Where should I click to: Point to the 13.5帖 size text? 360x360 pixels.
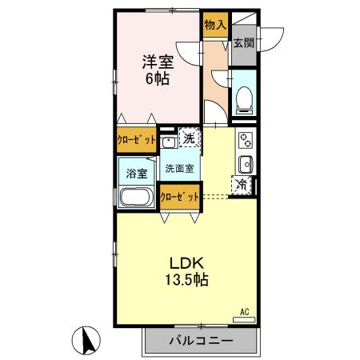(x=188, y=281)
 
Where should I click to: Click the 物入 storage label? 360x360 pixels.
(x=215, y=26)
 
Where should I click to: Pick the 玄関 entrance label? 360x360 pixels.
(x=244, y=44)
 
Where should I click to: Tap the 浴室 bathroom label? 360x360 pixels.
(x=137, y=173)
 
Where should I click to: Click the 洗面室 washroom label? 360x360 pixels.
(x=180, y=169)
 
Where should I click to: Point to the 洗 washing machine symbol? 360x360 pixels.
(x=188, y=138)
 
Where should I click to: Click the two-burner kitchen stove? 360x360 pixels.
(x=244, y=143)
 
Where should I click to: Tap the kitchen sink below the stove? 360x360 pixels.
(x=244, y=165)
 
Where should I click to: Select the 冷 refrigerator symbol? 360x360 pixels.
(x=242, y=186)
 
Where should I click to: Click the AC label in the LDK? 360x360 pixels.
(x=244, y=312)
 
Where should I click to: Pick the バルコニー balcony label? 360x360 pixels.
(x=201, y=341)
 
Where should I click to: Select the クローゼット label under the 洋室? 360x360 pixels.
(x=136, y=138)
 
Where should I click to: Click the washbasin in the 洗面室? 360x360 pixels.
(x=168, y=142)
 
